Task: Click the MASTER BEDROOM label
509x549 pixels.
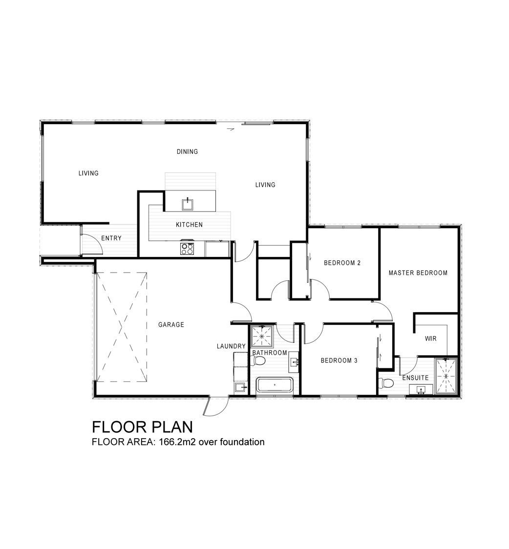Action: [x=418, y=273]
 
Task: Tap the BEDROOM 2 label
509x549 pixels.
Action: [x=342, y=263]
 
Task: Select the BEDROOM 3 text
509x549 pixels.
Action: [x=339, y=360]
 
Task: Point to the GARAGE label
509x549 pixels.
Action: [x=171, y=325]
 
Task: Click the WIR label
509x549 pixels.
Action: [x=430, y=338]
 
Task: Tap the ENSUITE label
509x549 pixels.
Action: [x=415, y=378]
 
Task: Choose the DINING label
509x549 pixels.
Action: [x=187, y=151]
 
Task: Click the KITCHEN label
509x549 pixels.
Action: [x=189, y=224]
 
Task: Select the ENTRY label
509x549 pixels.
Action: [x=111, y=238]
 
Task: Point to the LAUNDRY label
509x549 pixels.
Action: [x=231, y=346]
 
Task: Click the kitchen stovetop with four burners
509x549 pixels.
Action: [x=187, y=249]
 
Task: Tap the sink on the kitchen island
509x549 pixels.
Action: [x=188, y=205]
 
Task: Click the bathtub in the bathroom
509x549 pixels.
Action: [x=275, y=385]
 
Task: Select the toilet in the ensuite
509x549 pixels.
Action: [x=386, y=383]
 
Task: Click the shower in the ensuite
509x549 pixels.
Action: [x=446, y=376]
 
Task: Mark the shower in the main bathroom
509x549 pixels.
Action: [x=262, y=336]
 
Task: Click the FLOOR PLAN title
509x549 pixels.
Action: [x=142, y=427]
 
